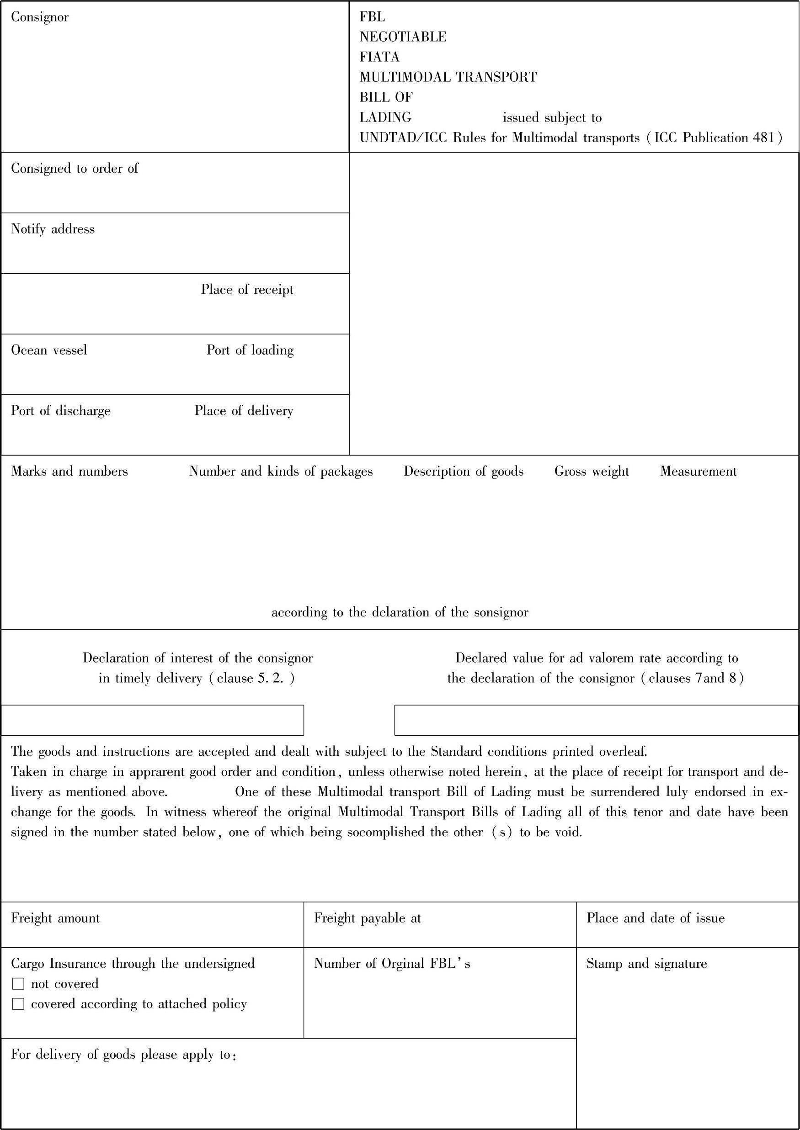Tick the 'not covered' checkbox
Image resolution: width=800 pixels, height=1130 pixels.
tap(18, 984)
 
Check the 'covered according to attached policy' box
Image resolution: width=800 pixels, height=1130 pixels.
tap(18, 1004)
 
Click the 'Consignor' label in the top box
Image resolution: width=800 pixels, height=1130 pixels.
tap(40, 17)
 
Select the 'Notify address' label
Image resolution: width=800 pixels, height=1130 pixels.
tap(53, 229)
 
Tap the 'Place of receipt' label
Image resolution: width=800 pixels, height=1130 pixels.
tap(247, 290)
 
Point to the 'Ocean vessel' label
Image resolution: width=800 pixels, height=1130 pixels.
tap(49, 350)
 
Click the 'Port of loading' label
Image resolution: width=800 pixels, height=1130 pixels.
tap(250, 350)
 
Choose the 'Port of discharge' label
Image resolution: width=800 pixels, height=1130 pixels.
tap(61, 411)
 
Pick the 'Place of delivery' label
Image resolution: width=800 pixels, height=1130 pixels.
tap(244, 411)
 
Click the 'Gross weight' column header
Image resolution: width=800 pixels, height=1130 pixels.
tap(592, 471)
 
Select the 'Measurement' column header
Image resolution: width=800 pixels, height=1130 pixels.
tap(698, 471)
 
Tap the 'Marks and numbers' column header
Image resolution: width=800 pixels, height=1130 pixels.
tap(69, 471)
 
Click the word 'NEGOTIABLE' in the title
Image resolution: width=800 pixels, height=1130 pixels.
tap(403, 37)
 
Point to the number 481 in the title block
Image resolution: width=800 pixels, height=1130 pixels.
tap(763, 138)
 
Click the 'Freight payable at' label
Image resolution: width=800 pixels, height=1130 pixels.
tap(368, 918)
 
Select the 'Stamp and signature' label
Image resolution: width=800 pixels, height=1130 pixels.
tap(646, 964)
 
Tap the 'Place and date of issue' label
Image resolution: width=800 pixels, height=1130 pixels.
tap(655, 918)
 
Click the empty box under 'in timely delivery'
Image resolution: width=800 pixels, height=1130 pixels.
tap(152, 720)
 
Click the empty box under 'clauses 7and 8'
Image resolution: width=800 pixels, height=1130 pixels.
tap(596, 720)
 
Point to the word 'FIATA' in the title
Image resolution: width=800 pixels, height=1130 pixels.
tap(379, 57)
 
